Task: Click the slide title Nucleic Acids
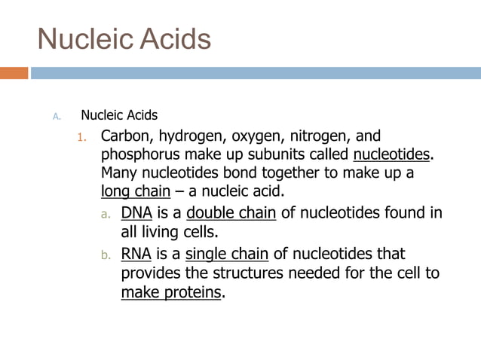tap(124, 38)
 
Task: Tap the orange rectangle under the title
tap(14, 73)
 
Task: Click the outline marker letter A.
tap(55, 116)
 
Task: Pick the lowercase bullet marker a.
tap(106, 214)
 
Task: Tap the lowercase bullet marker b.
tap(106, 255)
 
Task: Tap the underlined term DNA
tap(136, 213)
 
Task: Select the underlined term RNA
tap(136, 253)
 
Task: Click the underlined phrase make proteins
tap(171, 292)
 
